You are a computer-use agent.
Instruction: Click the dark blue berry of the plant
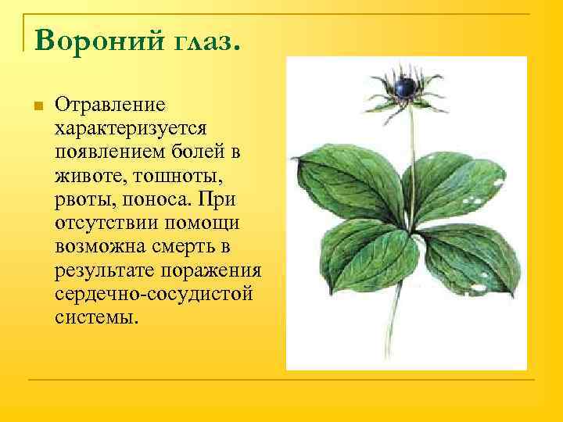pos(405,87)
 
